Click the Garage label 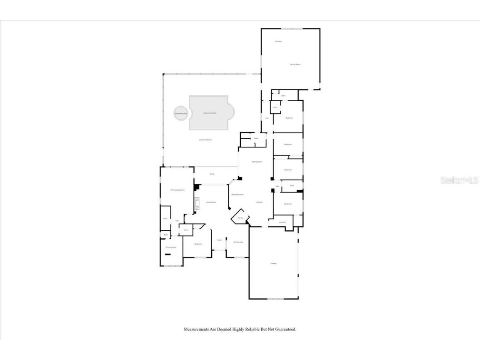pyautogui.click(x=273, y=263)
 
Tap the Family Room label pyautogui.click(x=295, y=64)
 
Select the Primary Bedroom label pyautogui.click(x=177, y=190)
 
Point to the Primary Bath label pyautogui.click(x=171, y=247)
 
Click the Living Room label pyautogui.click(x=211, y=202)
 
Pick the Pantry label pyautogui.click(x=240, y=218)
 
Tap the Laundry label pyautogui.click(x=282, y=222)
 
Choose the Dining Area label pyautogui.click(x=238, y=242)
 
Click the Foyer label pyautogui.click(x=219, y=240)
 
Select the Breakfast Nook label pyautogui.click(x=237, y=195)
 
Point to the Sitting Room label pyautogui.click(x=257, y=162)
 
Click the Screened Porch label pyautogui.click(x=205, y=140)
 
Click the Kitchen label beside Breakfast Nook pyautogui.click(x=259, y=202)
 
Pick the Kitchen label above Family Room pyautogui.click(x=278, y=41)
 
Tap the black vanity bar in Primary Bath pyautogui.click(x=167, y=255)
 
